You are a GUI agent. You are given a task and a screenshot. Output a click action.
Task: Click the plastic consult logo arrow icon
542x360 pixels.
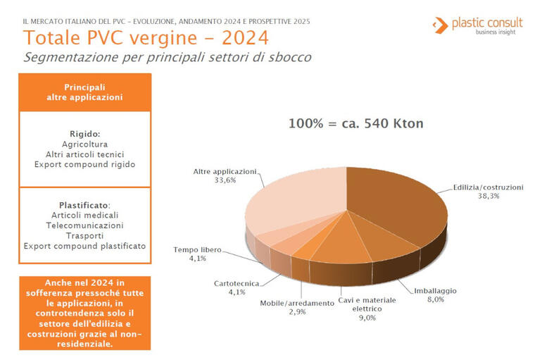[440, 25]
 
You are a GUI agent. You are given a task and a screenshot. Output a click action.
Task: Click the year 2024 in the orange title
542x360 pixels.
[245, 38]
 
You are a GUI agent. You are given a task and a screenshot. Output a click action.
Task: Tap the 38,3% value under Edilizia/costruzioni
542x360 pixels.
[489, 196]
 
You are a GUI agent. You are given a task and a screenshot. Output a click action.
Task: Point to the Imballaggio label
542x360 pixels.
[435, 291]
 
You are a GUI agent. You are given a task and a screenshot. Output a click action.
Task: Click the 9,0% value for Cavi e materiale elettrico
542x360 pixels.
[367, 318]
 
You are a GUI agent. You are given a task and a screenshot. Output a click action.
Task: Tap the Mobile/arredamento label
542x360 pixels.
[297, 303]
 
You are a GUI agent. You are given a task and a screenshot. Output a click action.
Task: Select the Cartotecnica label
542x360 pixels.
[237, 284]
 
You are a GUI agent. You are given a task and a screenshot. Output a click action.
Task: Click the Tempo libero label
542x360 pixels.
[197, 249]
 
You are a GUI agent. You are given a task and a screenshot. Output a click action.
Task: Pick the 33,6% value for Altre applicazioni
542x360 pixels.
[225, 180]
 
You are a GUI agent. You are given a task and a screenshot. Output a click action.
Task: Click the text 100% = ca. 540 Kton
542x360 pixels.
[355, 123]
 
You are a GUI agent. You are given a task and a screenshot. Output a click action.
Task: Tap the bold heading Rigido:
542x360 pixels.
[84, 134]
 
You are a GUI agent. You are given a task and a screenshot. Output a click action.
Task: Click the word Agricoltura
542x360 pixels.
[84, 144]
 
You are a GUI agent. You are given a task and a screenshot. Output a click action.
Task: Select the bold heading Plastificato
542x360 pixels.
[84, 205]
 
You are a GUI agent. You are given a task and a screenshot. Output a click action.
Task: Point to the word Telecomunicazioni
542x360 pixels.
[84, 225]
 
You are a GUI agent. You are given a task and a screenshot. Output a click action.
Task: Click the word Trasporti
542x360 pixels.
[84, 236]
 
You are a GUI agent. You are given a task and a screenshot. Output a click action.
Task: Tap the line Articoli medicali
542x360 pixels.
[84, 216]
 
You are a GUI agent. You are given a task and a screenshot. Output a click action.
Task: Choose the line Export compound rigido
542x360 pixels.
[84, 165]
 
